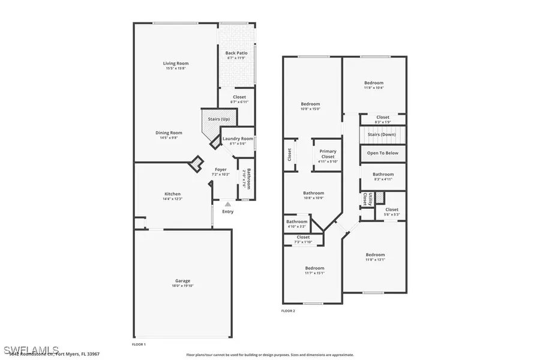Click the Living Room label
click(x=176, y=64)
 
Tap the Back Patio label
click(x=235, y=53)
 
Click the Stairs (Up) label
click(x=218, y=119)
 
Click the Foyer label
click(x=220, y=170)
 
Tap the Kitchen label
click(x=173, y=194)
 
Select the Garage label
click(x=182, y=281)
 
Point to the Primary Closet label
click(x=328, y=154)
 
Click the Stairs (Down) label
click(x=383, y=135)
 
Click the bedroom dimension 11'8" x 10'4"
click(x=374, y=88)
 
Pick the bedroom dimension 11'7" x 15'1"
click(x=314, y=272)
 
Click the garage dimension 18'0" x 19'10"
click(x=182, y=286)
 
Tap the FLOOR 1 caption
click(x=139, y=344)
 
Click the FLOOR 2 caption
click(x=288, y=311)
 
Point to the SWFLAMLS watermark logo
click(x=31, y=349)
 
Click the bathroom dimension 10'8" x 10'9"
click(x=313, y=197)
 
